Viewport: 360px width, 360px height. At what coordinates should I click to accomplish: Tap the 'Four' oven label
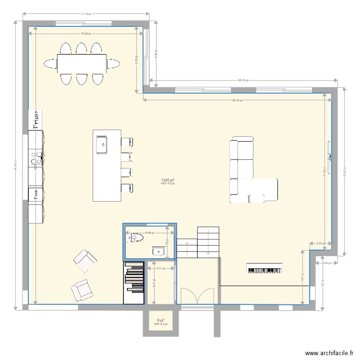pyautogui.click(x=36, y=194)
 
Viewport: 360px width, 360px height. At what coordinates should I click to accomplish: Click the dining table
pyautogui.click(x=82, y=63)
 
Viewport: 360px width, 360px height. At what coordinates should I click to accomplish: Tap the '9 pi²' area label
pyautogui.click(x=160, y=321)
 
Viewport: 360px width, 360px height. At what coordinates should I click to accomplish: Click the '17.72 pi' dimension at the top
pyautogui.click(x=85, y=14)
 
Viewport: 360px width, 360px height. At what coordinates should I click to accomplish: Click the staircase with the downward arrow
pyautogui.click(x=208, y=242)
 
